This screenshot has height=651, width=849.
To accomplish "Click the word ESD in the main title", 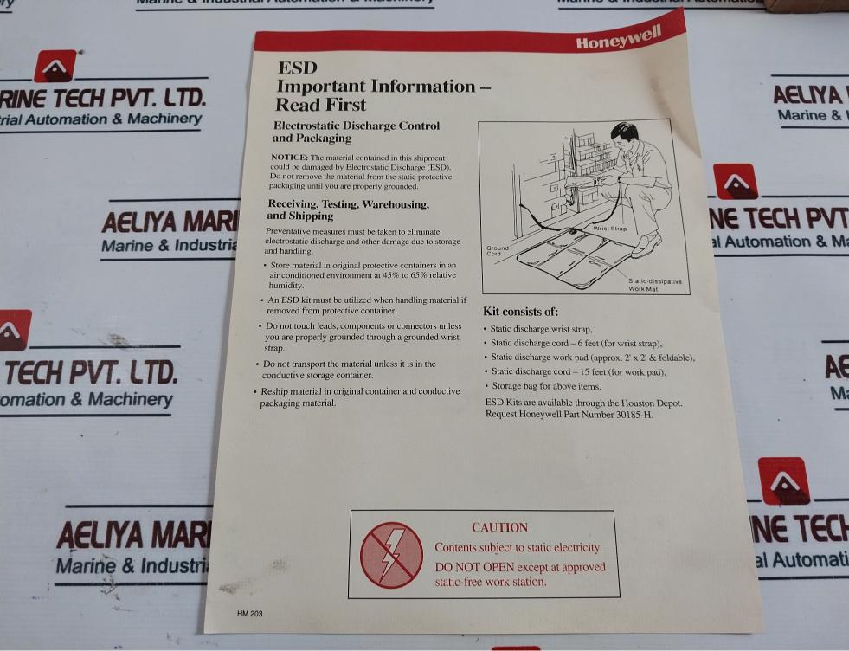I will [297, 68].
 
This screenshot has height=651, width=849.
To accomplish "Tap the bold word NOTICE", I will [290, 157].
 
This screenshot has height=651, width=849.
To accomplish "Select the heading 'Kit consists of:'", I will [520, 312].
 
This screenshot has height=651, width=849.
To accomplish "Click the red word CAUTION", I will [499, 527].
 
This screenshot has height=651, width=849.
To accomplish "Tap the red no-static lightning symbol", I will [391, 555].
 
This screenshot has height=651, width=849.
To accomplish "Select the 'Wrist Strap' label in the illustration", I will [609, 229].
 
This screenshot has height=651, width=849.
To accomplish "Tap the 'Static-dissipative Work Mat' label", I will [655, 285].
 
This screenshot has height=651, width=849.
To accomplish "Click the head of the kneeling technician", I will [625, 134].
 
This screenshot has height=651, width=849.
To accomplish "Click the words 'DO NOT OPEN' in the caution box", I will [474, 568].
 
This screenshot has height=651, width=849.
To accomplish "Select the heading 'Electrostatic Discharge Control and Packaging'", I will [356, 132].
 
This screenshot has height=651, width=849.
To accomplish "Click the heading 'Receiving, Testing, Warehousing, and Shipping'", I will [348, 209].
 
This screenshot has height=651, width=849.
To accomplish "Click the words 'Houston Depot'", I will [651, 403].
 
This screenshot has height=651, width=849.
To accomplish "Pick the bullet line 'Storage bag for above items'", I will [545, 386].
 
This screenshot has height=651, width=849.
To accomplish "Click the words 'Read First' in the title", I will [320, 106].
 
